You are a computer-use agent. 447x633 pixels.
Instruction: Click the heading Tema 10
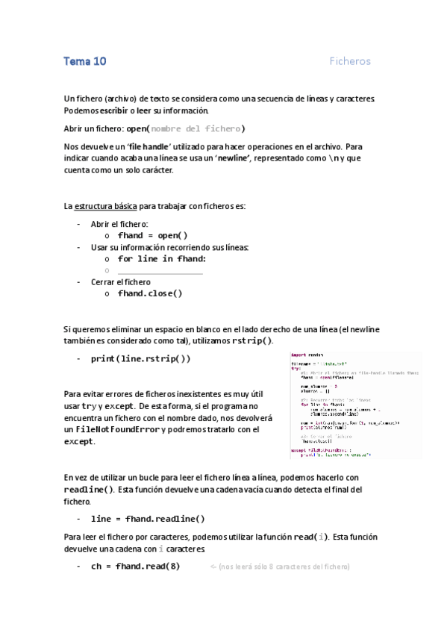pyautogui.click(x=84, y=61)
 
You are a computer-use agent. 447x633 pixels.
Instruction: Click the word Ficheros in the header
pyautogui.click(x=350, y=61)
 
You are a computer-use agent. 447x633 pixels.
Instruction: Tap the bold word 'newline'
pyautogui.click(x=239, y=158)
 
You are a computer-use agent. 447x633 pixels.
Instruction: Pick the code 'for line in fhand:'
pyautogui.click(x=161, y=258)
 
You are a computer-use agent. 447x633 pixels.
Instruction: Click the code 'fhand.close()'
pyautogui.click(x=150, y=293)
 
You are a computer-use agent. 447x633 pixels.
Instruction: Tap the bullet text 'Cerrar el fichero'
pyautogui.click(x=120, y=282)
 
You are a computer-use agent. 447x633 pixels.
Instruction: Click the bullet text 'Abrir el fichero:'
pyautogui.click(x=119, y=224)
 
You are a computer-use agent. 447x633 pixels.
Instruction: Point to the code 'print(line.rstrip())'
pyautogui.click(x=141, y=358)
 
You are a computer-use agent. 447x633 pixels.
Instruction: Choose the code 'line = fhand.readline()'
pyautogui.click(x=148, y=518)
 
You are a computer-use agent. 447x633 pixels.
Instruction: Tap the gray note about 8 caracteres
pyautogui.click(x=279, y=567)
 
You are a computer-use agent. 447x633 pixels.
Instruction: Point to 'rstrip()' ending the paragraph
pyautogui.click(x=251, y=340)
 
